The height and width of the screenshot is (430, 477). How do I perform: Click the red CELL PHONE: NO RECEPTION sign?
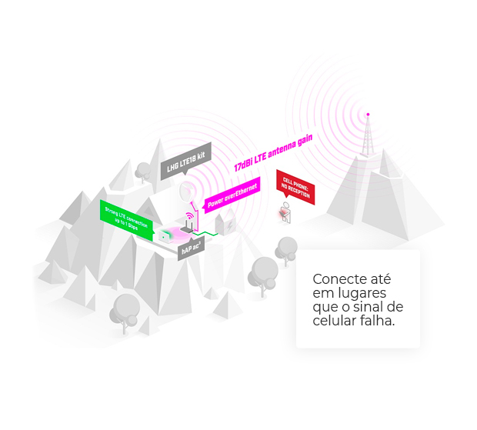point(295,187)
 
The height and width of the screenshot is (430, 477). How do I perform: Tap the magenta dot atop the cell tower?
point(367,114)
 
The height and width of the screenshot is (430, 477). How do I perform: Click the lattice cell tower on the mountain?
point(367,142)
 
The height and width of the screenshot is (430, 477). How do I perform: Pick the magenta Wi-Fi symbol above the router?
point(188,218)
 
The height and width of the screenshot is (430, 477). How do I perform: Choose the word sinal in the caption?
point(371,307)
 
